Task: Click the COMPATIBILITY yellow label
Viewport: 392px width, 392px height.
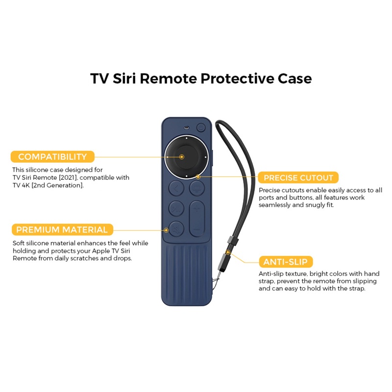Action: (52, 157)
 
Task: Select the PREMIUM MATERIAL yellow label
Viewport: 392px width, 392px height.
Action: (62, 230)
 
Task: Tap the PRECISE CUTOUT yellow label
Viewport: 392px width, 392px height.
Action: (298, 178)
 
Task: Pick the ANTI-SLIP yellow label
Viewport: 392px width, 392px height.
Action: (285, 261)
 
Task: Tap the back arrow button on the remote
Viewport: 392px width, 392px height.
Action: (176, 188)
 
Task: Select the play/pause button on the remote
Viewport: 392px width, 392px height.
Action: (176, 209)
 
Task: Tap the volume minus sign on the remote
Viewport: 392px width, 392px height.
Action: (197, 228)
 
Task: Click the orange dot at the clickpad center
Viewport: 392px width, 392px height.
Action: (182, 157)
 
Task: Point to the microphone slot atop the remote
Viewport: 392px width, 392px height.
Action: (186, 128)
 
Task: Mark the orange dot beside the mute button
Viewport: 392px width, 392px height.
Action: (166, 229)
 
